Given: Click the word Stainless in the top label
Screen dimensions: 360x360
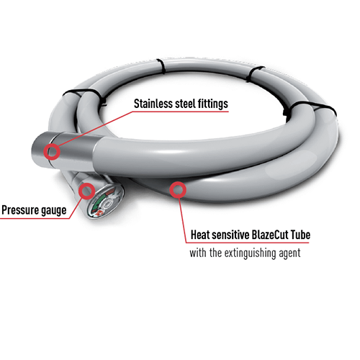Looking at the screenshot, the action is pyautogui.click(x=153, y=104).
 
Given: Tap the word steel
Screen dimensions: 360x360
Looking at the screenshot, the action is pyautogui.click(x=186, y=104).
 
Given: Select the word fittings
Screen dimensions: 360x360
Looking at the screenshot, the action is pyautogui.click(x=213, y=104).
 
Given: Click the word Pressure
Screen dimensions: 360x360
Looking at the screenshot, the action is pyautogui.click(x=19, y=210).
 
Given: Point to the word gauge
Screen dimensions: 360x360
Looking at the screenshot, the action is pyautogui.click(x=54, y=211).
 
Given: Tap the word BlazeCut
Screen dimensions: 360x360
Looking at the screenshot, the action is pyautogui.click(x=270, y=235).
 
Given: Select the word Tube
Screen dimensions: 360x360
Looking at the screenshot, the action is pyautogui.click(x=300, y=235).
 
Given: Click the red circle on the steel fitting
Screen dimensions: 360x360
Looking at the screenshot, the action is pyautogui.click(x=52, y=151).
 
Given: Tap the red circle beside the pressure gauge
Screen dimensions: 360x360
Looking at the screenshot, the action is pyautogui.click(x=86, y=192).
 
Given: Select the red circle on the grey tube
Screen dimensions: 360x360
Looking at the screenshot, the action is pyautogui.click(x=178, y=190).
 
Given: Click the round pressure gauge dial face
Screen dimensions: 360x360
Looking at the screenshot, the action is pyautogui.click(x=105, y=201).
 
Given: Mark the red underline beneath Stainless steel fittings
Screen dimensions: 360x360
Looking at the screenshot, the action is pyautogui.click(x=180, y=112).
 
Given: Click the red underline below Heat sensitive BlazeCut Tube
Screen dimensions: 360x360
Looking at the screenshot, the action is pyautogui.click(x=247, y=243).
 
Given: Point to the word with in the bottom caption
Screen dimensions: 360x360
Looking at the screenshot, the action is pyautogui.click(x=198, y=253).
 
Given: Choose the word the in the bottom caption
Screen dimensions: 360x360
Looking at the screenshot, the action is pyautogui.click(x=215, y=253).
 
